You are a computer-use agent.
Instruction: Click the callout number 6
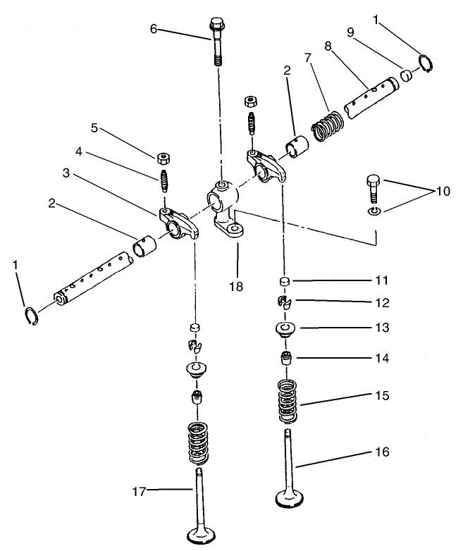[153, 29]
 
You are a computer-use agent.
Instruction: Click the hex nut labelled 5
[161, 155]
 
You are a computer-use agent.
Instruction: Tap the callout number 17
[140, 492]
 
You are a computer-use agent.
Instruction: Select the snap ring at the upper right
[426, 63]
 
